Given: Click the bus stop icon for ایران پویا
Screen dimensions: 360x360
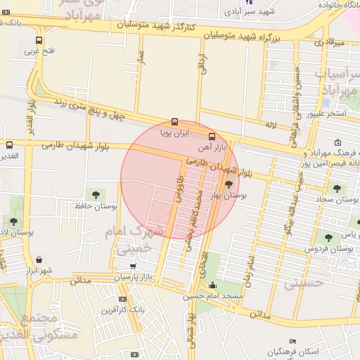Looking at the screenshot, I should click(x=175, y=122).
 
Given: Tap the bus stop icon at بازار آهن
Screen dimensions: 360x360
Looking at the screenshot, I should click(x=212, y=136).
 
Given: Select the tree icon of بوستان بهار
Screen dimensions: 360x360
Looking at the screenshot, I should click(x=229, y=185).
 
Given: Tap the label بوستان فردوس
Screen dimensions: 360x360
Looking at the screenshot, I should click(x=328, y=250).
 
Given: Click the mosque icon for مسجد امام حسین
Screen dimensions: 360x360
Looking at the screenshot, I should click(x=212, y=285).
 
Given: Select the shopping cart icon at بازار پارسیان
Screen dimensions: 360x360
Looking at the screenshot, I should click(x=133, y=266).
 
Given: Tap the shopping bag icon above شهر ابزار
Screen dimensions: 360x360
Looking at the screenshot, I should click(x=38, y=259).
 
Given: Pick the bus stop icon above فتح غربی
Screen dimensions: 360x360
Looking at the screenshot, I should click(x=38, y=40).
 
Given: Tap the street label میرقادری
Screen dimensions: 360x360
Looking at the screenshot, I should click(x=329, y=43).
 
